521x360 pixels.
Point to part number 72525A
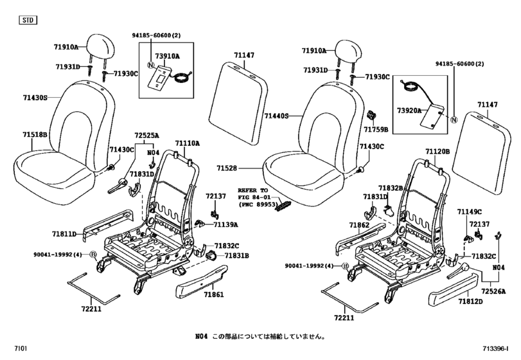pyautogui.click(x=146, y=136)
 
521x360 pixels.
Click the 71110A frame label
pyautogui.click(x=188, y=143)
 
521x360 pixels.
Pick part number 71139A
pyautogui.click(x=225, y=225)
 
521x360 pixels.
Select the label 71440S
pyautogui.click(x=276, y=116)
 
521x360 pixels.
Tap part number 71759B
pyautogui.click(x=376, y=129)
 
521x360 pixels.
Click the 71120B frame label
pyautogui.click(x=437, y=152)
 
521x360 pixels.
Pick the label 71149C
pyautogui.click(x=469, y=212)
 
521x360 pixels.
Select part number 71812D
pyautogui.click(x=472, y=301)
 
